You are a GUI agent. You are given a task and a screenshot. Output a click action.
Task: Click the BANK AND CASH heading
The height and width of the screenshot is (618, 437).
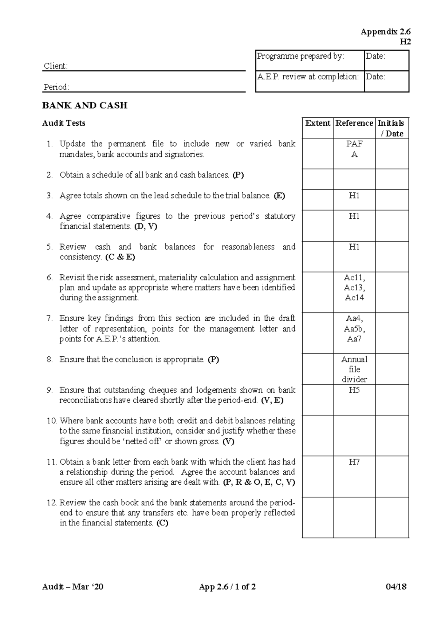[84, 106]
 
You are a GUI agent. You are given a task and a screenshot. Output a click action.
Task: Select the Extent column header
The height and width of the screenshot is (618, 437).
[318, 124]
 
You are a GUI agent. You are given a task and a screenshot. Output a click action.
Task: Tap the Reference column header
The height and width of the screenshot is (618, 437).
[354, 124]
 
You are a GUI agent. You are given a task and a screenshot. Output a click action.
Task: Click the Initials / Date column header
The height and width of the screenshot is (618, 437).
[391, 128]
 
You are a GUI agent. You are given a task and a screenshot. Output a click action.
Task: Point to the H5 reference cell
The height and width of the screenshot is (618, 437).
[354, 390]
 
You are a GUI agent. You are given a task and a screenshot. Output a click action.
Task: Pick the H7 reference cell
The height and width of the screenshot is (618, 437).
[354, 462]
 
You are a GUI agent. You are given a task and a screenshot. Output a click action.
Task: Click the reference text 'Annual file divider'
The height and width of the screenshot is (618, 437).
[354, 369]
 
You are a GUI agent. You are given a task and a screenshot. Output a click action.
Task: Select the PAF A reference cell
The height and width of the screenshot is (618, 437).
[354, 149]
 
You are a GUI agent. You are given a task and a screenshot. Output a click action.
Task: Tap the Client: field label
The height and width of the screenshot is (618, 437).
[56, 66]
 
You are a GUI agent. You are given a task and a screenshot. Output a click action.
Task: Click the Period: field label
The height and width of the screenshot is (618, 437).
[56, 87]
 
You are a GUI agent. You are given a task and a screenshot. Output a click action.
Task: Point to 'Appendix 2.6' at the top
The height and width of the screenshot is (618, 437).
[385, 32]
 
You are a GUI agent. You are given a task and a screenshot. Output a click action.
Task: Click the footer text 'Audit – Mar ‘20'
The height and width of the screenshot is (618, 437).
[73, 587]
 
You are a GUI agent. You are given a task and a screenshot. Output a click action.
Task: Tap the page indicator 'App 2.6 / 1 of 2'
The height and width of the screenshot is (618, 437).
[227, 587]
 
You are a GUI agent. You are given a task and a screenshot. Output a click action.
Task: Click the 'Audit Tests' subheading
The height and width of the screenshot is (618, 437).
[64, 124]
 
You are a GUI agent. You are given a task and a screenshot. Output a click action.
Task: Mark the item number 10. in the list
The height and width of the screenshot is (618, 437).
[52, 421]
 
